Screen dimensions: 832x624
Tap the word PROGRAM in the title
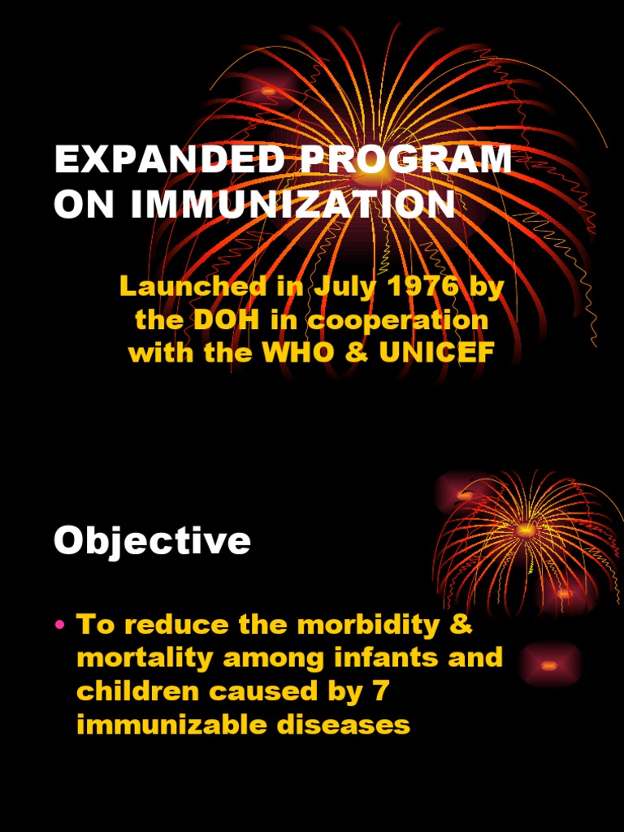[407, 161]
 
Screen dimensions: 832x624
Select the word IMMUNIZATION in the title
[293, 205]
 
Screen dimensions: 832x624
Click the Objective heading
[152, 540]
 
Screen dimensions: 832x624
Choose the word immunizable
[173, 723]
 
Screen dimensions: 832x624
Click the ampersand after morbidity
[461, 625]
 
